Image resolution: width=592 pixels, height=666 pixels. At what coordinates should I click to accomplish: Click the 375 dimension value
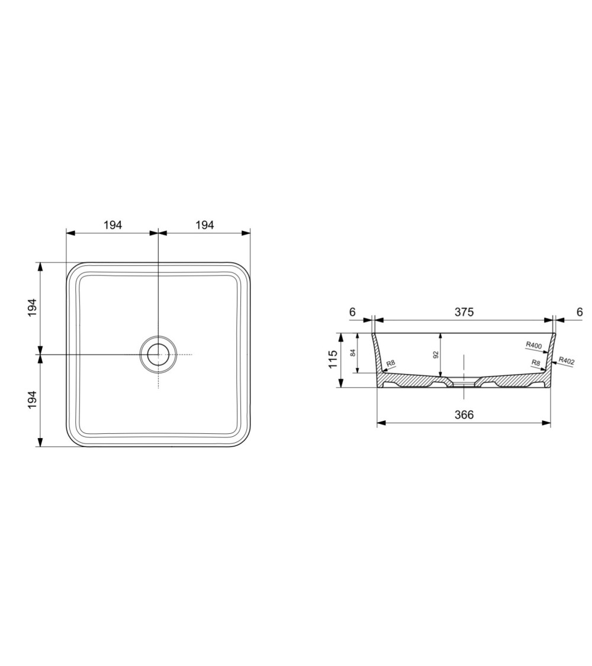(464, 312)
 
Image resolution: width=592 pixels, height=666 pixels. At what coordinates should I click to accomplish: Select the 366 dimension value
(464, 414)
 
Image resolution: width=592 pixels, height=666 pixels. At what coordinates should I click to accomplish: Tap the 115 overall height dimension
(333, 359)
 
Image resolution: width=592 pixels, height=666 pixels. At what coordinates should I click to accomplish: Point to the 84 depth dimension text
(353, 353)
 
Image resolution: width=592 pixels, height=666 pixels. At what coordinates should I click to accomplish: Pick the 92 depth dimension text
(436, 355)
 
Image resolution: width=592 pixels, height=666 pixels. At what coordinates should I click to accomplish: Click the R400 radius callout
(534, 345)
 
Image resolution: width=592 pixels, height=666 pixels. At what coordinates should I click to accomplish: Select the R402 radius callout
(567, 361)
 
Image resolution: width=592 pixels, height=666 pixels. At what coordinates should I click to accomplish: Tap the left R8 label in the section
(391, 363)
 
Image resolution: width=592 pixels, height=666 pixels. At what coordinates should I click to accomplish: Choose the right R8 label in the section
(536, 363)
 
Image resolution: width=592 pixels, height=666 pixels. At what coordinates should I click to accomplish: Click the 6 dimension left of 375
(352, 312)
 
